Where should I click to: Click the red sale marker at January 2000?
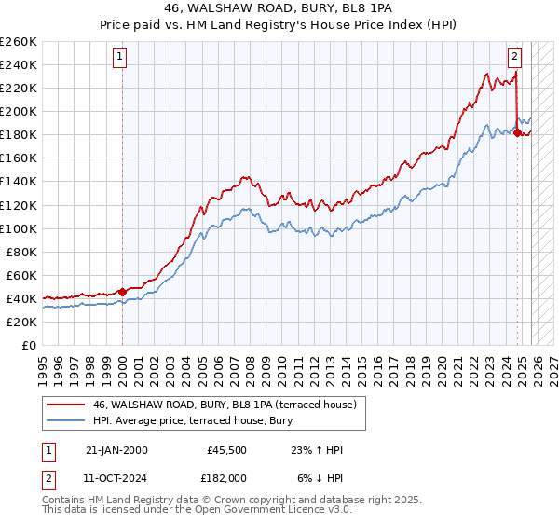(x=122, y=292)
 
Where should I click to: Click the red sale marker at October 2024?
(x=517, y=132)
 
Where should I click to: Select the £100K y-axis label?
(x=19, y=228)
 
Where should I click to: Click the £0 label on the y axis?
(x=30, y=345)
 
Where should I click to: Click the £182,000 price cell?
(x=226, y=476)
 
